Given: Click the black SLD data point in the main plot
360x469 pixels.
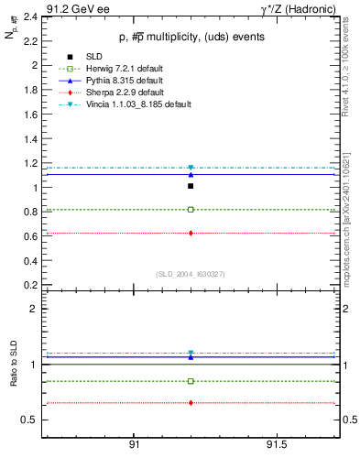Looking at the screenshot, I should (191, 186).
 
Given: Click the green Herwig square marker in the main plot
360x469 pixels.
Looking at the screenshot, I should (191, 210).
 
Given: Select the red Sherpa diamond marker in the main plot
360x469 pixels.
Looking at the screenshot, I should (191, 233).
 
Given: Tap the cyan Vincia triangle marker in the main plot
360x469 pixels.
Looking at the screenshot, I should (191, 168).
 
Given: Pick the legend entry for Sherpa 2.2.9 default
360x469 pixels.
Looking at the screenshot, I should (125, 93).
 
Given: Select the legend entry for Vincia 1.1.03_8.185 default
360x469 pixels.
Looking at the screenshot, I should (139, 105).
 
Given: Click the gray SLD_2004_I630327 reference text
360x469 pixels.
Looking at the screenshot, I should (190, 273).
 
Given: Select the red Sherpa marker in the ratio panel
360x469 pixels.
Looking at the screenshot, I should (191, 403).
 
